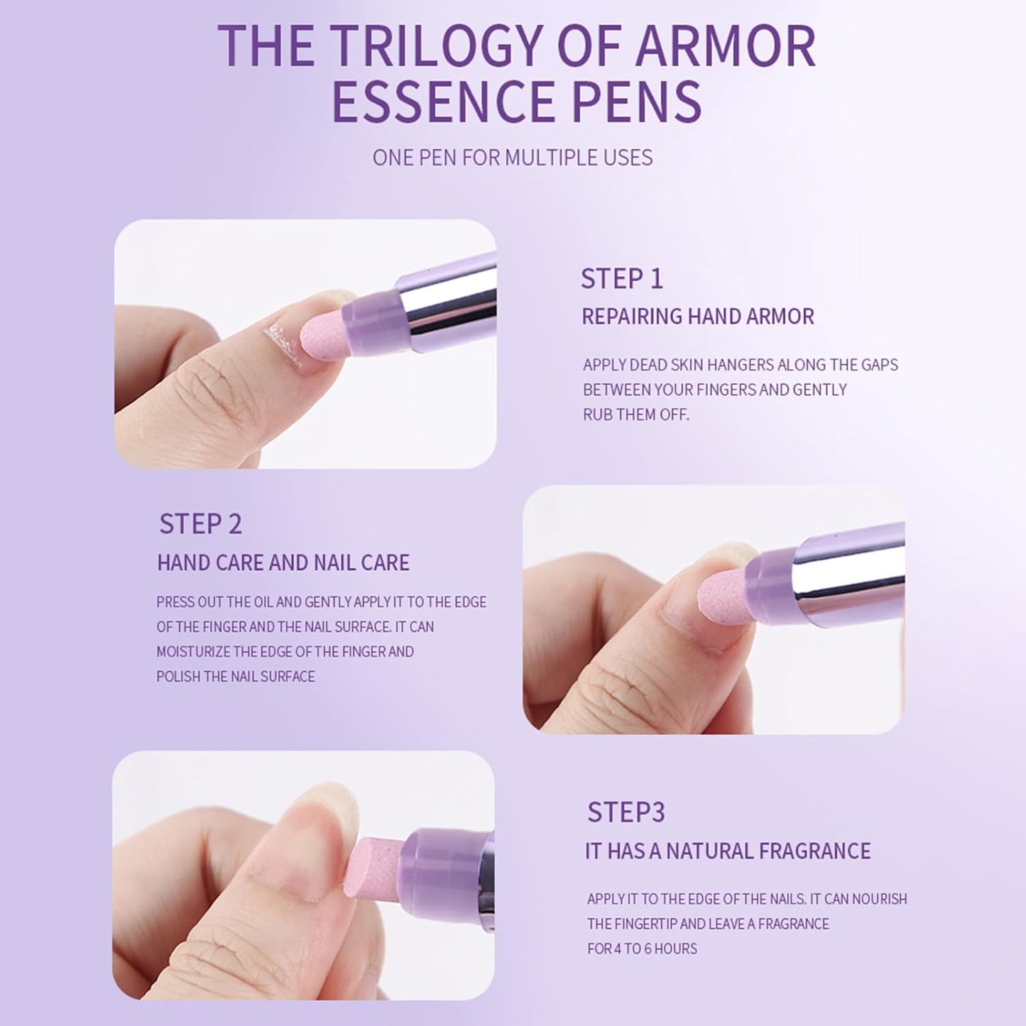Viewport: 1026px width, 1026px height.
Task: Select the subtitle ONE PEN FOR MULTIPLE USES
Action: tap(512, 158)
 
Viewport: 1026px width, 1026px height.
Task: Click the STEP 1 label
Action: tap(622, 278)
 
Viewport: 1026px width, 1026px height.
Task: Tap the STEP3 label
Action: tap(626, 812)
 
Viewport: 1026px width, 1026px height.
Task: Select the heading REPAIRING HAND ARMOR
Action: tap(698, 317)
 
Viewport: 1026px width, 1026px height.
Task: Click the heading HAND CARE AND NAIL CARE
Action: tap(283, 563)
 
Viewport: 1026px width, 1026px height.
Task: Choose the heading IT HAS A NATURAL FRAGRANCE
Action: tap(728, 851)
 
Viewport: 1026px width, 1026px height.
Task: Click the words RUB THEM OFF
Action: tap(635, 415)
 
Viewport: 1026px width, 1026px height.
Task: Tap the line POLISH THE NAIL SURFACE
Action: tap(235, 677)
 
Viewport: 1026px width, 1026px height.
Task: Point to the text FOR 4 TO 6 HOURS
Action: tap(642, 949)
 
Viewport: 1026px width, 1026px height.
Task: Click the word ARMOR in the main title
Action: tap(725, 46)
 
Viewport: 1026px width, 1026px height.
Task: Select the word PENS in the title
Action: tap(637, 101)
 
